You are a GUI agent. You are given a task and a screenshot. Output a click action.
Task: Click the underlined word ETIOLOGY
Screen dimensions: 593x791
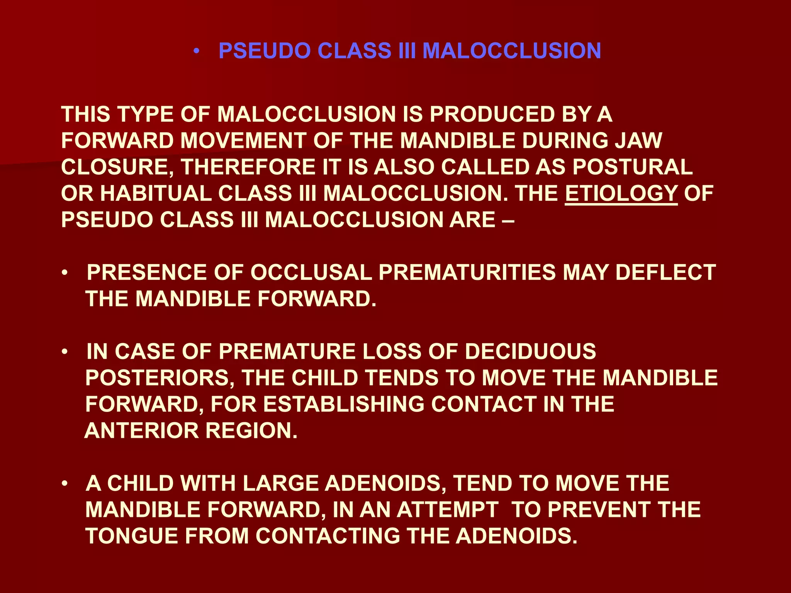click(x=621, y=193)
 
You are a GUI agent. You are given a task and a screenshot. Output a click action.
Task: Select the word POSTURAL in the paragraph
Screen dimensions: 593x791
click(x=632, y=167)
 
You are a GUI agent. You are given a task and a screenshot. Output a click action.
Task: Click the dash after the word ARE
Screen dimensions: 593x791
click(x=508, y=220)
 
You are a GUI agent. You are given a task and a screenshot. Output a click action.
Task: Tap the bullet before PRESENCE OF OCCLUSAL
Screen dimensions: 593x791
click(x=65, y=273)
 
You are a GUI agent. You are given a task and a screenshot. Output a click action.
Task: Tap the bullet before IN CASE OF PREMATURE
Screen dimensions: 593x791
click(x=65, y=352)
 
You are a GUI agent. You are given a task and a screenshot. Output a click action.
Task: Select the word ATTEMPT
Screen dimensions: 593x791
click(x=447, y=510)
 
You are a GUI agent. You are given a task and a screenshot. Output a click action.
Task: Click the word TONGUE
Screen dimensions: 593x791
click(x=131, y=536)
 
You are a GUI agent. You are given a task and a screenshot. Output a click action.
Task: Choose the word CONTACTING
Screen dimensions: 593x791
click(x=328, y=536)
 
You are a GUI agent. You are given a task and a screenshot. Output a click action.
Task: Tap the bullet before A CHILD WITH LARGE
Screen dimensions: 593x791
click(x=65, y=484)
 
